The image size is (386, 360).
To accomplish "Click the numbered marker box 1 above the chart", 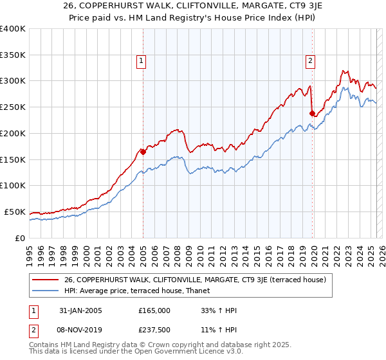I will click(141, 61).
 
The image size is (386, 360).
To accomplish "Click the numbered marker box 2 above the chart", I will click(310, 61).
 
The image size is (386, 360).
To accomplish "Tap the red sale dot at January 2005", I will click(143, 152).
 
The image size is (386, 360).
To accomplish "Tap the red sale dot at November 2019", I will click(312, 114).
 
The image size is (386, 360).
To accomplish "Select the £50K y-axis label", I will click(15, 212).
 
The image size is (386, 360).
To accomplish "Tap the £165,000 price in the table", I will click(154, 310).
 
